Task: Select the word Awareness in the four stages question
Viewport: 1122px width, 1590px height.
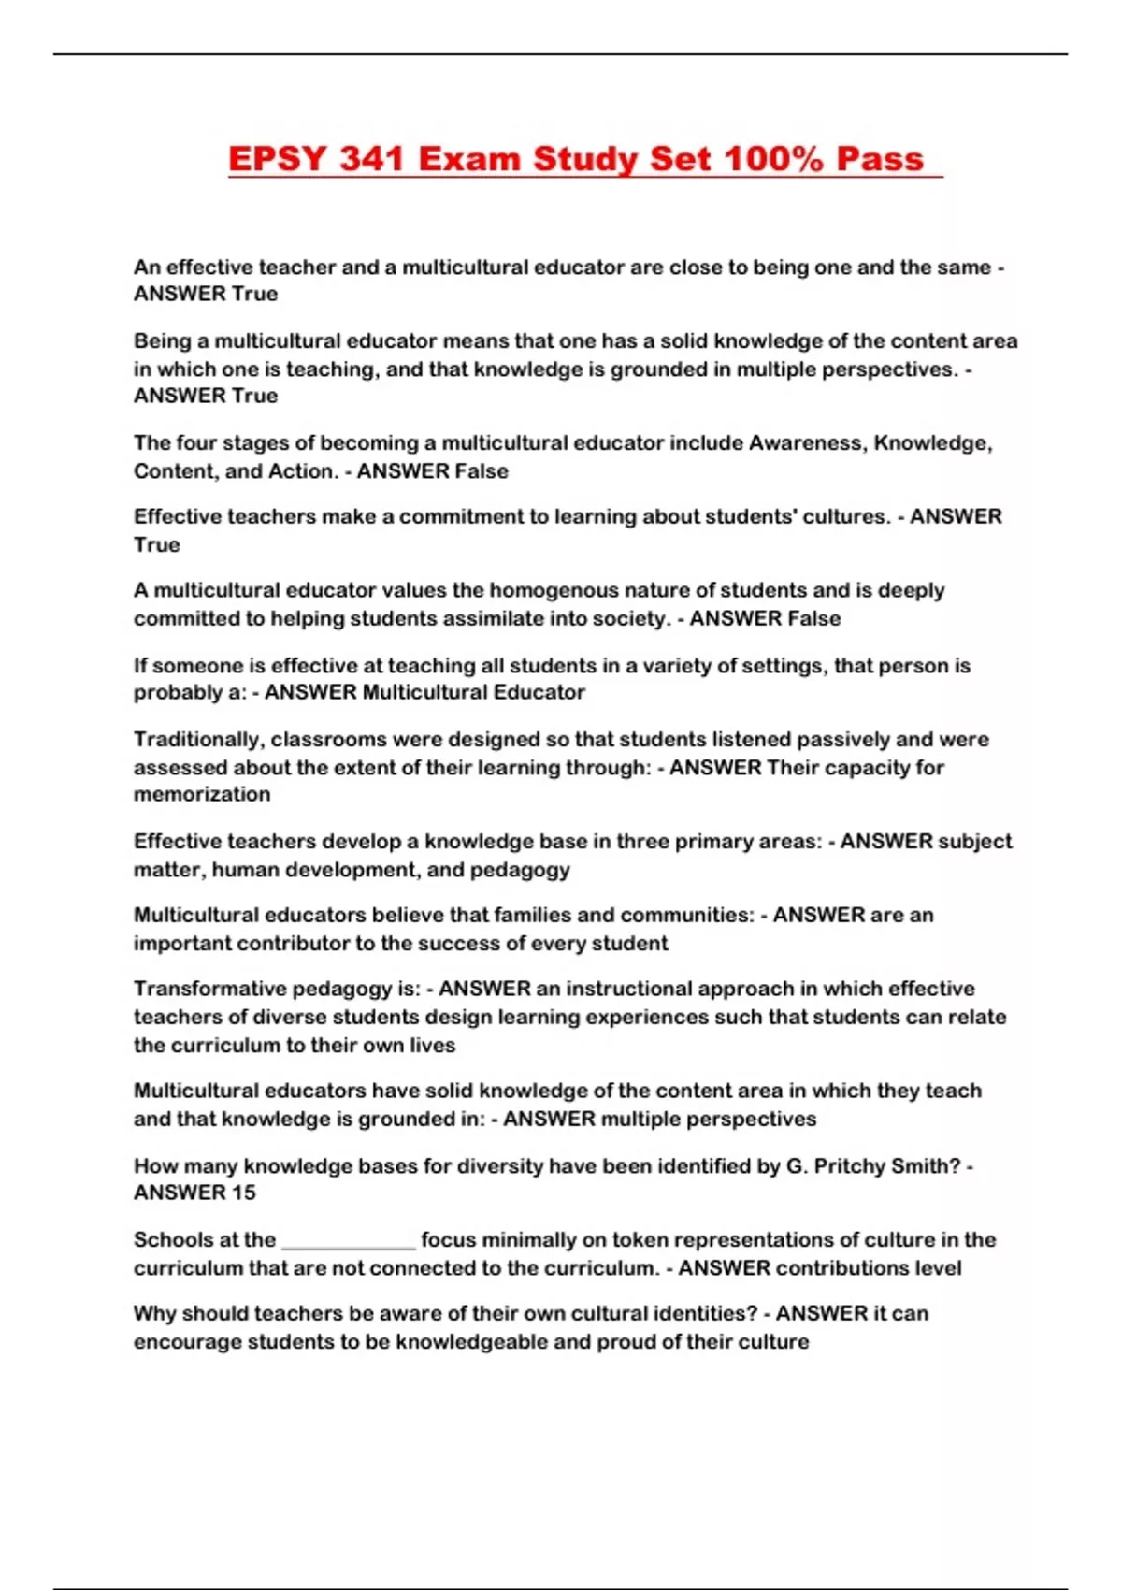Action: click(807, 442)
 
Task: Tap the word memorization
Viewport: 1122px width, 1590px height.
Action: click(202, 794)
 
